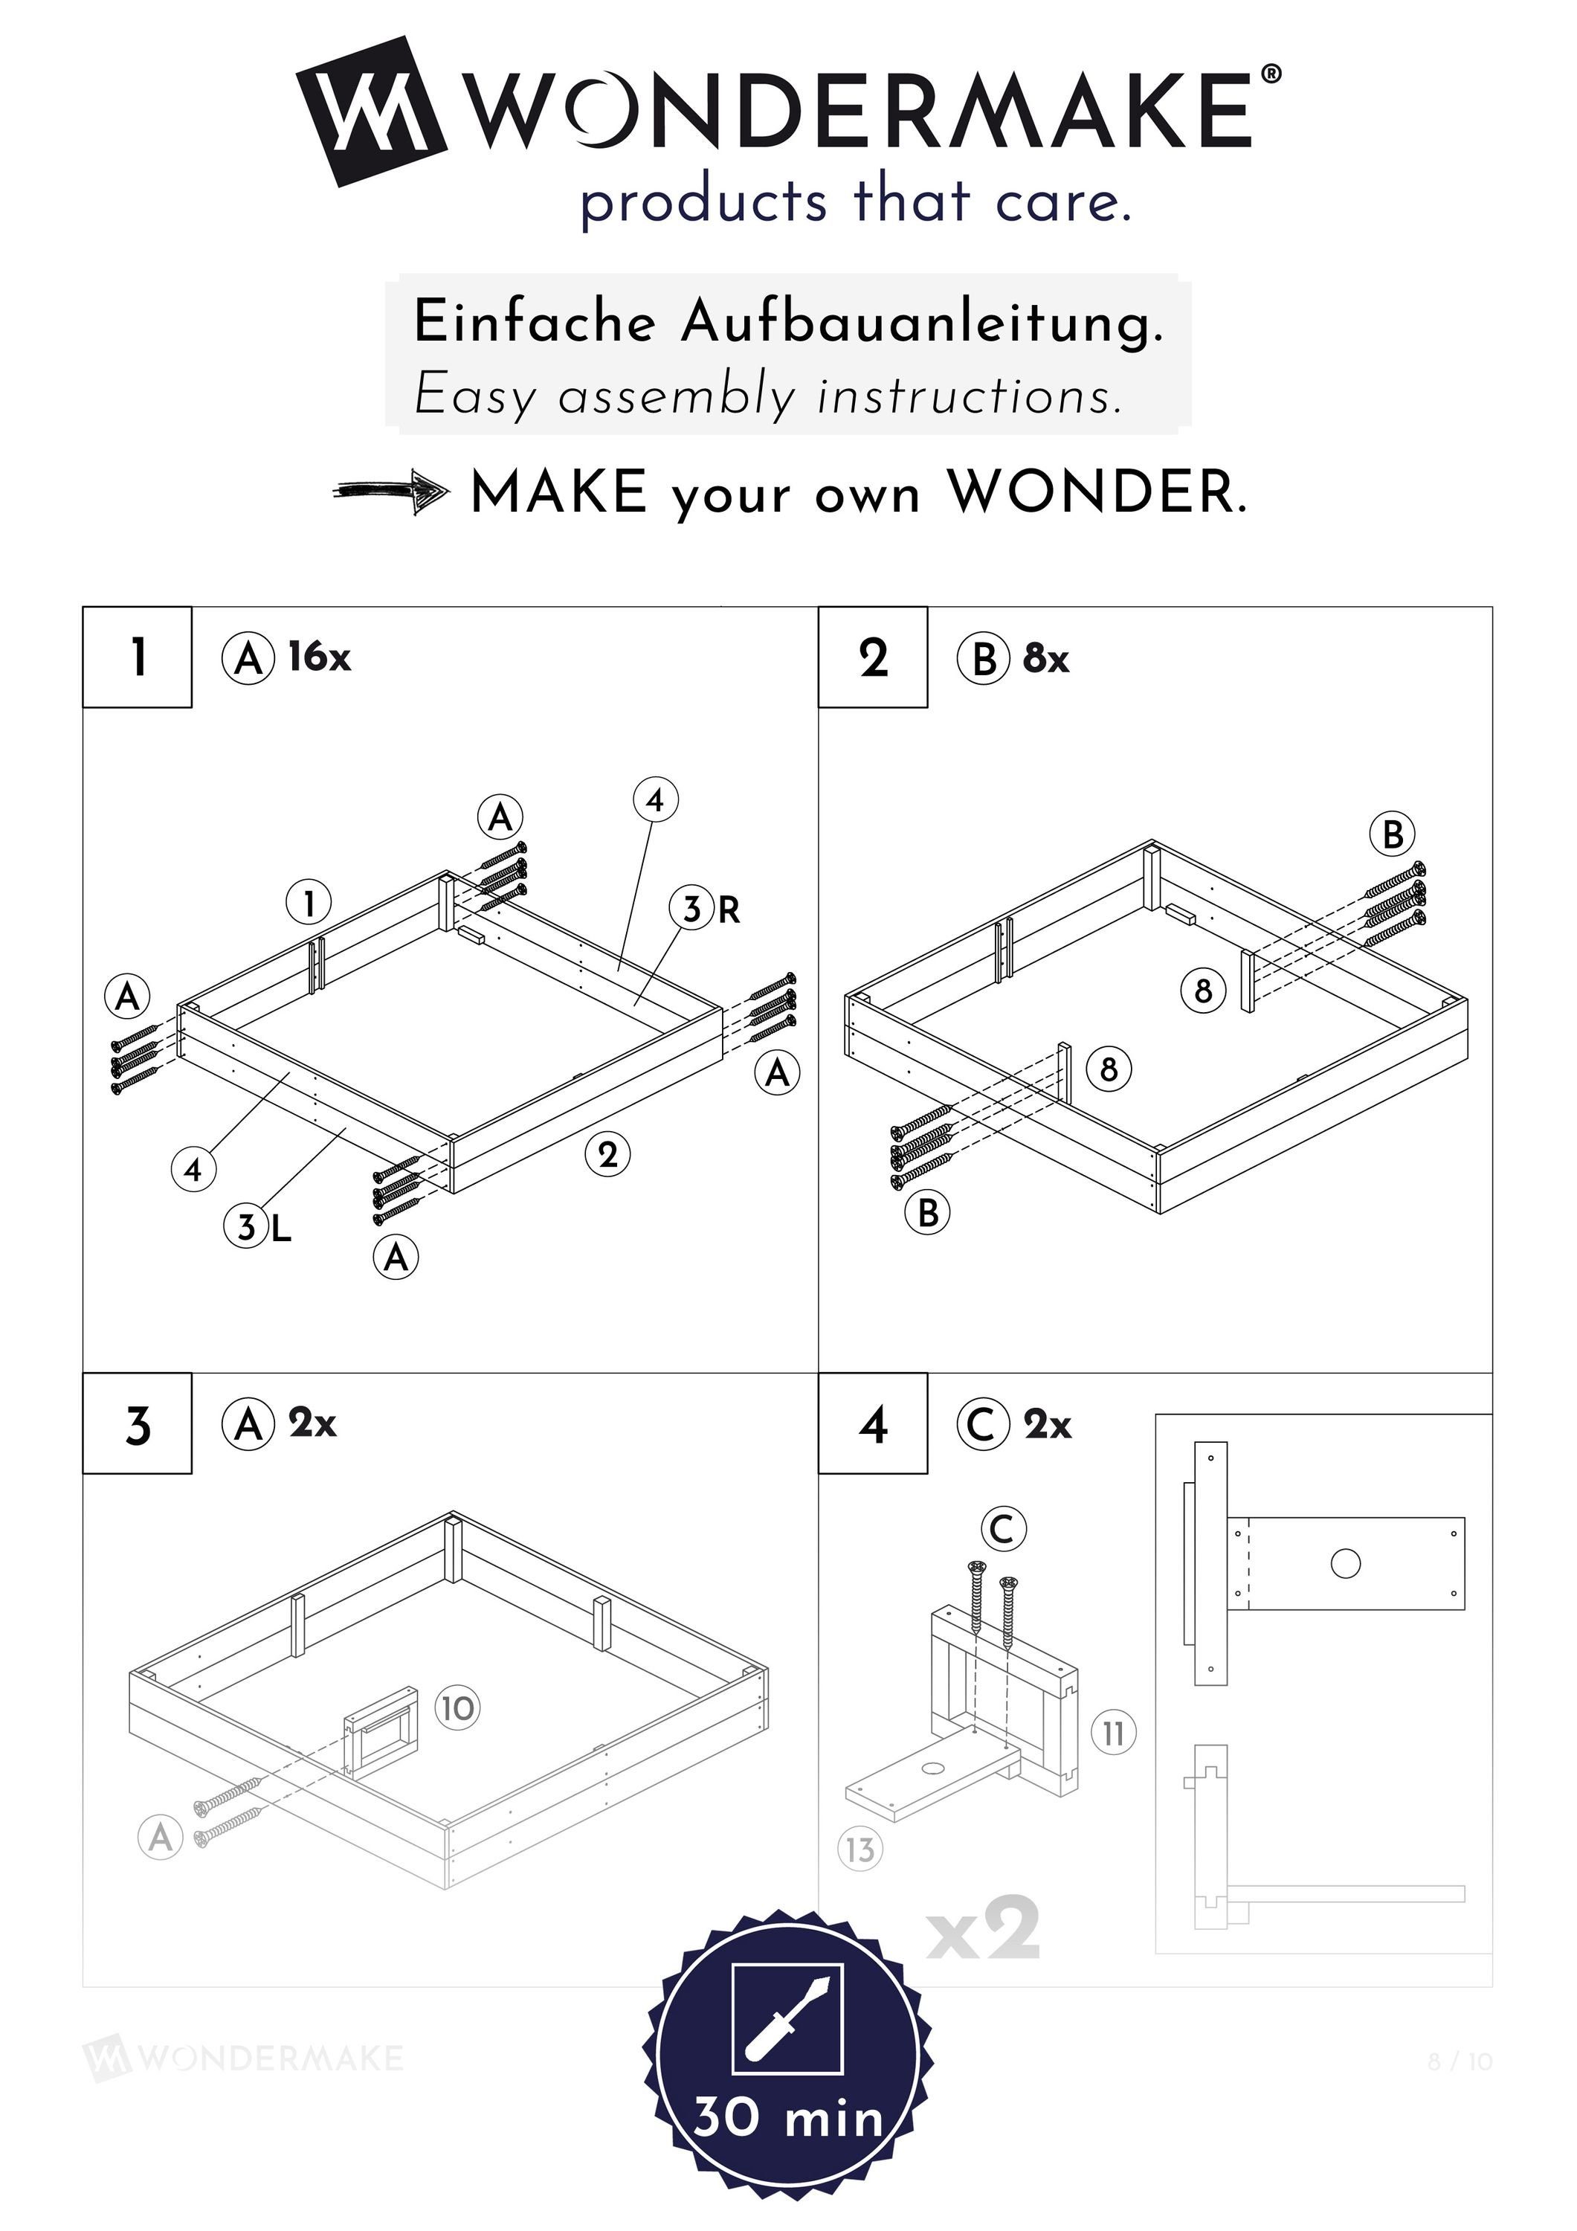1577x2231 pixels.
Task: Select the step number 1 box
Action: coord(137,657)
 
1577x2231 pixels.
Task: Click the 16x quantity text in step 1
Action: coord(319,657)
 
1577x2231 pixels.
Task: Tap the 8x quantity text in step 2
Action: coord(1045,659)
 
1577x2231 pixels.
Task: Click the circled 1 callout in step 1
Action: coord(308,904)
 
